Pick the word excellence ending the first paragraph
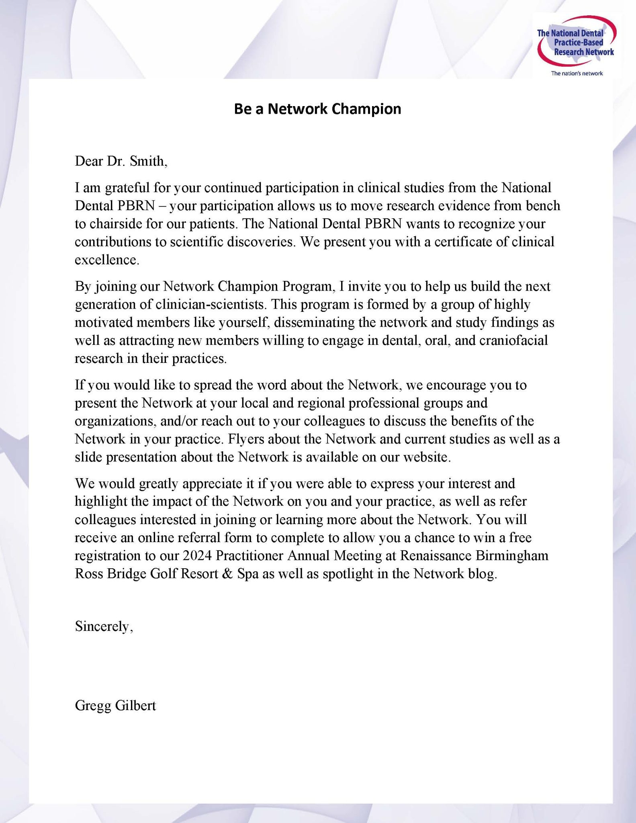click(106, 260)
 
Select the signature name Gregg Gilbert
click(115, 706)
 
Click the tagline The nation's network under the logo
click(577, 73)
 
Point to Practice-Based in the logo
click(578, 43)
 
